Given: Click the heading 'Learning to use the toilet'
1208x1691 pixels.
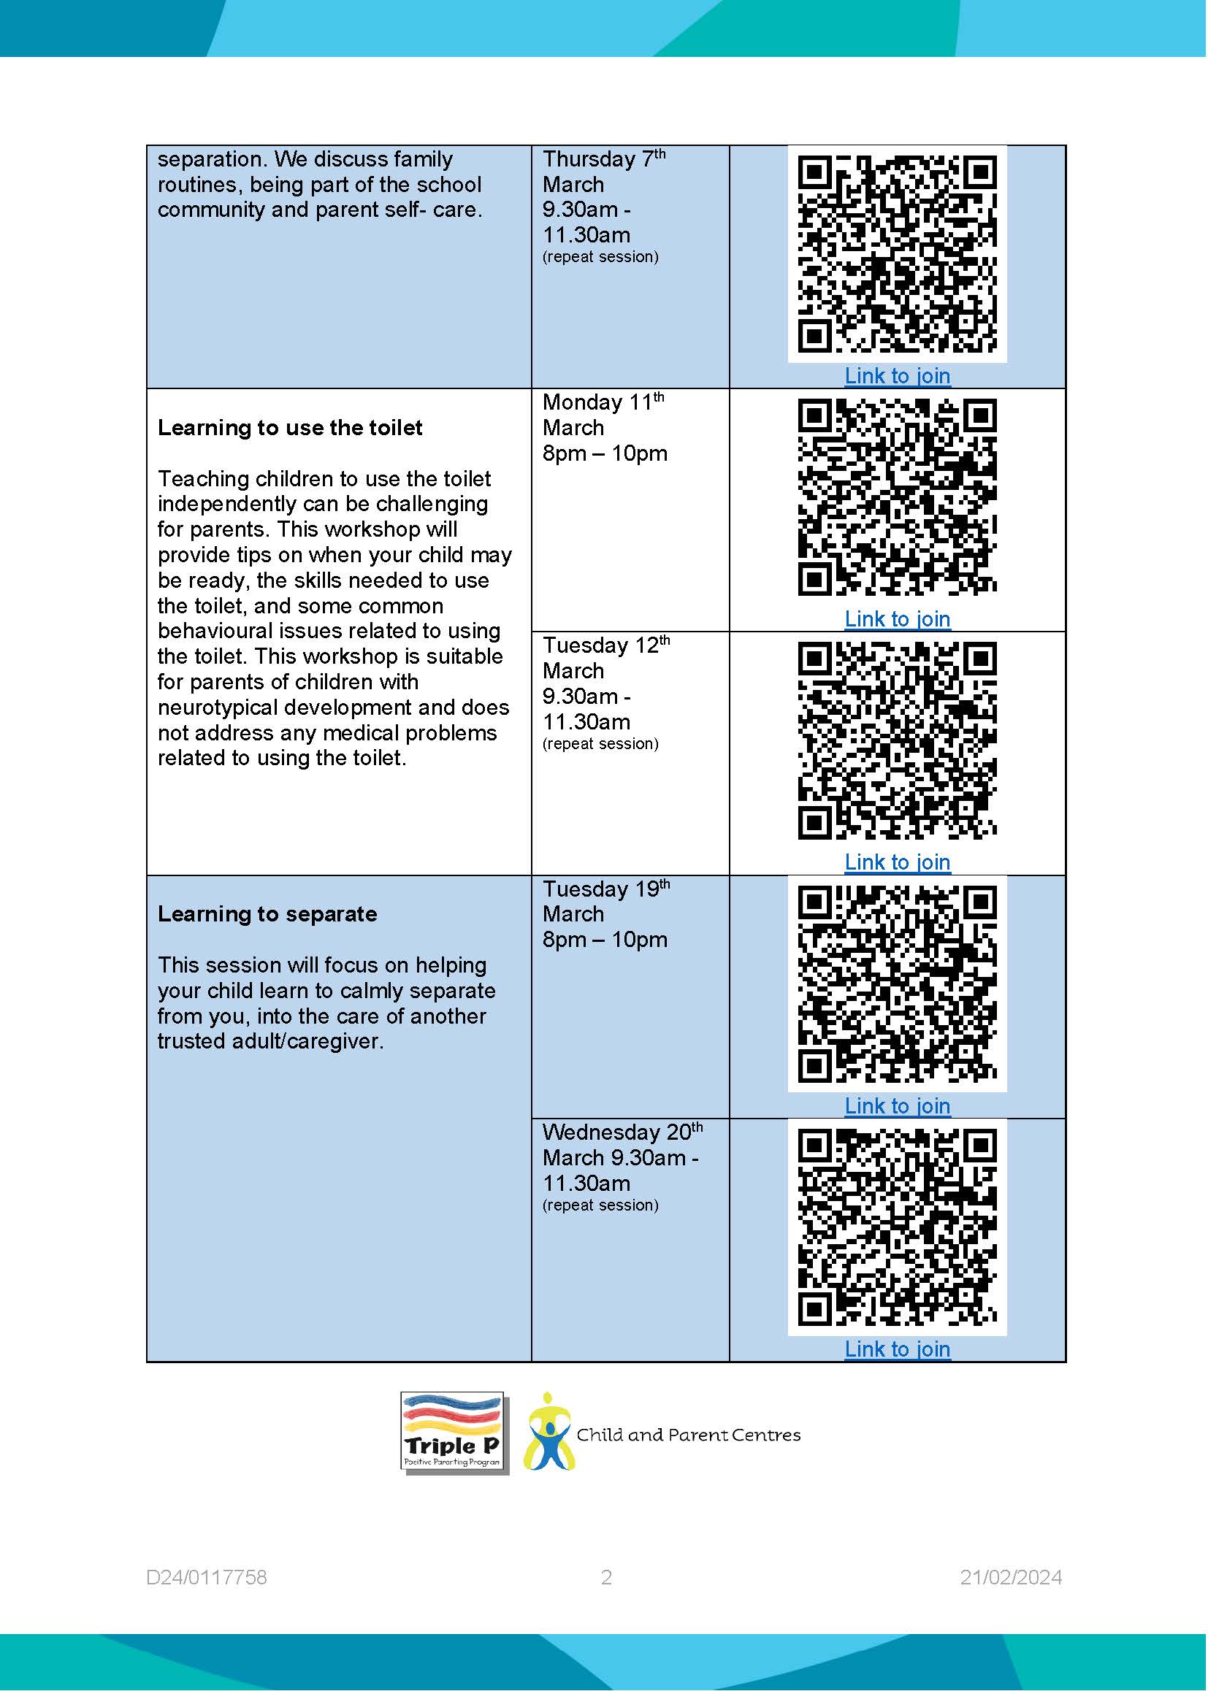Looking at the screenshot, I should [289, 428].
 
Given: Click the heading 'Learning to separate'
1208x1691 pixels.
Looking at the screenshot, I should [267, 914].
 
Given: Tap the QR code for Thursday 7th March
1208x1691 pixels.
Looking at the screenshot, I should [897, 253].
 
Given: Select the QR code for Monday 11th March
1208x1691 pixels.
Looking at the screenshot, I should [897, 496].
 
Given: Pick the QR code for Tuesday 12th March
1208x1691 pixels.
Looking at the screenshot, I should [897, 740].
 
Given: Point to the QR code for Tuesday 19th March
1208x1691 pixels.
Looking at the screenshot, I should [897, 983].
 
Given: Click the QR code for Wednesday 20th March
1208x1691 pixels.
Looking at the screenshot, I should [897, 1227].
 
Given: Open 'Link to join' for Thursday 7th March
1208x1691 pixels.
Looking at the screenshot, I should [897, 376].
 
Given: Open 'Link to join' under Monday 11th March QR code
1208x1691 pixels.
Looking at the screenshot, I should [897, 619].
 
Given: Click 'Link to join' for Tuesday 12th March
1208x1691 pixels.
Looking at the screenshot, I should [897, 862].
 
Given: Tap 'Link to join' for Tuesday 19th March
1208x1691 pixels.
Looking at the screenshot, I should [897, 1106].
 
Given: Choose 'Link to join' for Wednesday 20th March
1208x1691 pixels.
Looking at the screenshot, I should [897, 1350].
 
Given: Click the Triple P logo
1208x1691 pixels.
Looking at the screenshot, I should [453, 1433].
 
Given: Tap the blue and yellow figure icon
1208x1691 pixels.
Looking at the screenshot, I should [548, 1433].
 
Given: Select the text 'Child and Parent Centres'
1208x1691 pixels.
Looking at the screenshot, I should [688, 1435].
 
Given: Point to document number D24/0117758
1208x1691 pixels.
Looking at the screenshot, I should [206, 1578].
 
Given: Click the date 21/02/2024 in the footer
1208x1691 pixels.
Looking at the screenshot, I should [1010, 1578].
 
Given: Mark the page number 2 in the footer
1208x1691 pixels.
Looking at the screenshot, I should [606, 1578].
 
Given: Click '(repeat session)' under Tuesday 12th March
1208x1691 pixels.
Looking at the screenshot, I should [600, 744].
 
